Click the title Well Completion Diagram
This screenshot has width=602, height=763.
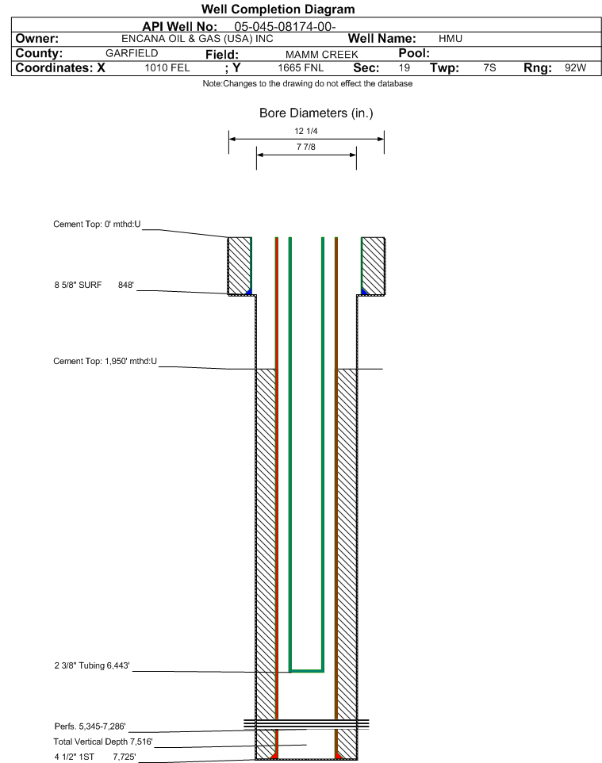click(278, 10)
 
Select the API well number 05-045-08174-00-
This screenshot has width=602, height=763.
click(285, 27)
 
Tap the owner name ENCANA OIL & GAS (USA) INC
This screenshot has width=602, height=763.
click(197, 39)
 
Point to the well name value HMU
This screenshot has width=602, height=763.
click(451, 39)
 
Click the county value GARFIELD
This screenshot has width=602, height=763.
click(132, 53)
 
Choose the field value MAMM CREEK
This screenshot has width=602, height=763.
click(322, 55)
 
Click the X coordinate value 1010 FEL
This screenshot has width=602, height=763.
click(167, 67)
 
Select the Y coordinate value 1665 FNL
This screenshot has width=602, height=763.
click(301, 67)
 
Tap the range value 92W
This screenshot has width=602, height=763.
click(575, 67)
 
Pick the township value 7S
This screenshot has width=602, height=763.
click(489, 67)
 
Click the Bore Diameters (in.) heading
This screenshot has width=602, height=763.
click(316, 113)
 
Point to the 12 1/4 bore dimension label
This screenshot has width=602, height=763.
click(305, 131)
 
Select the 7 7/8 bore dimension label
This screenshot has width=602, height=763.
click(305, 147)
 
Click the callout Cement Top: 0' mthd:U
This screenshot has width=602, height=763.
click(97, 224)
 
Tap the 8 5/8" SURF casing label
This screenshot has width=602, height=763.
click(78, 285)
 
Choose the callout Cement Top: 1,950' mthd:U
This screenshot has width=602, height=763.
click(105, 361)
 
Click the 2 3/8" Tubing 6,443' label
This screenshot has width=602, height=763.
click(92, 665)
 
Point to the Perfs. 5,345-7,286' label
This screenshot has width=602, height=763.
click(90, 726)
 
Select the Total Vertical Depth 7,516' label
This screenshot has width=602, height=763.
click(103, 742)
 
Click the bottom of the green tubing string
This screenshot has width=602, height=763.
click(307, 671)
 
